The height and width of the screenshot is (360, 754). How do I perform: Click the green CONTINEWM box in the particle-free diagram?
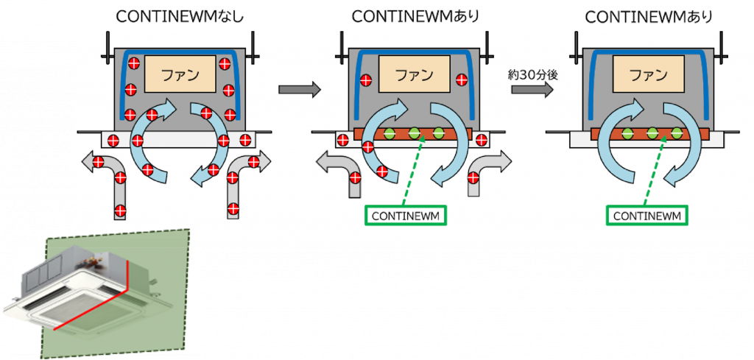point(649,216)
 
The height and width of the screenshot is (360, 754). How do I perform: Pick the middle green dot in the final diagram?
point(652,133)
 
